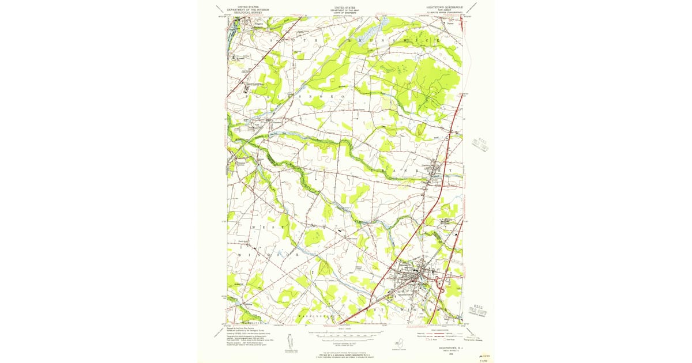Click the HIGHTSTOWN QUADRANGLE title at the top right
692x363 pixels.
click(x=442, y=7)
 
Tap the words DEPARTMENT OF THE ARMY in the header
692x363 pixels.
click(x=345, y=10)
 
